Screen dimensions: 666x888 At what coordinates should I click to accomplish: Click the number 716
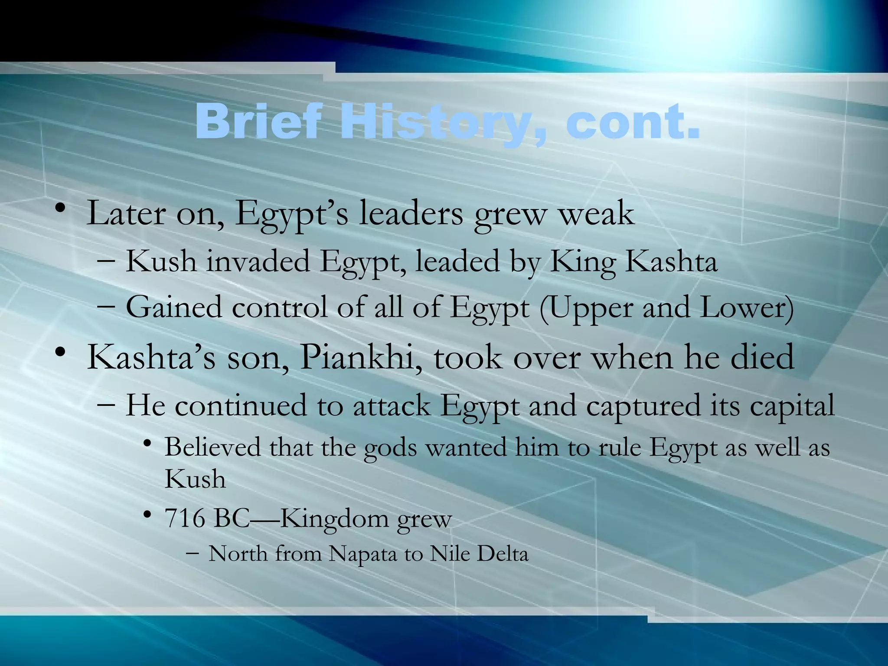point(185,518)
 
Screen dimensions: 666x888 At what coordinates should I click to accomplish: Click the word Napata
point(362,554)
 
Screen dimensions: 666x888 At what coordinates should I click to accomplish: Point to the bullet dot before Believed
point(147,444)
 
